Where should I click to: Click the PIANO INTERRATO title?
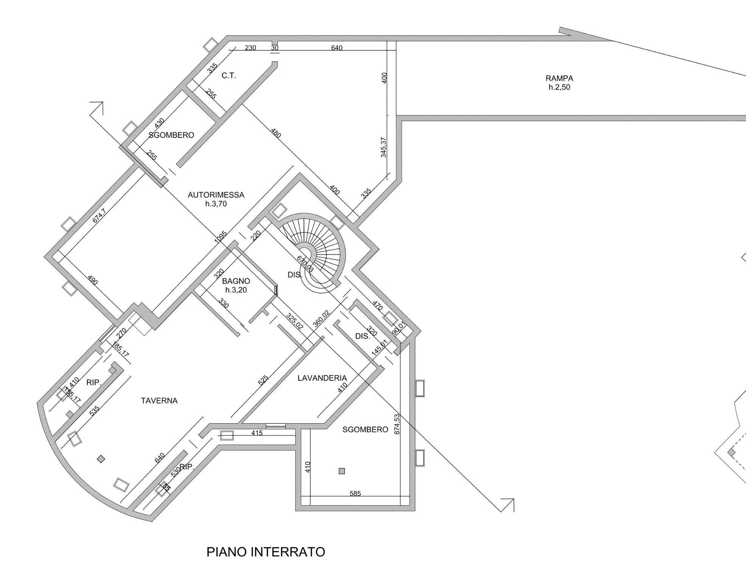pos(265,552)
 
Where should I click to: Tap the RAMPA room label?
pos(559,78)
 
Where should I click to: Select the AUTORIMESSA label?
pos(216,195)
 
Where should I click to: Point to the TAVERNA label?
pos(159,401)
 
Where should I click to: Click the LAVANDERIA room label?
pos(322,378)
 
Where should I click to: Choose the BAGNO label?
pos(236,281)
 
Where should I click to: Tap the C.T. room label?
pos(229,76)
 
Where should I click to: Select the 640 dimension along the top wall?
pos(336,48)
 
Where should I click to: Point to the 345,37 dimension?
pos(383,147)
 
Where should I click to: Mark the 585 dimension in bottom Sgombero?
pos(355,494)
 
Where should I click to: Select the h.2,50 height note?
pos(559,87)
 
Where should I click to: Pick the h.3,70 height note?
pos(216,204)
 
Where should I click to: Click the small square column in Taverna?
pos(101,459)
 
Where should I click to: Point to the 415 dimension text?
pos(257,433)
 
